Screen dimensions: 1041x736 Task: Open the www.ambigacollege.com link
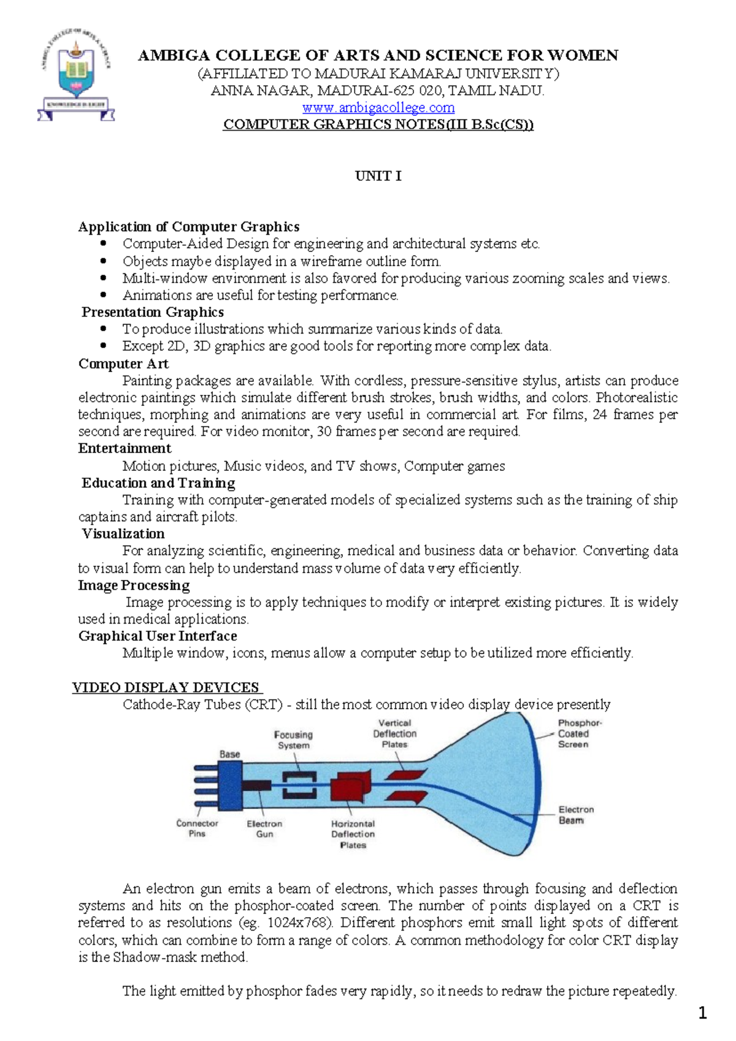point(378,108)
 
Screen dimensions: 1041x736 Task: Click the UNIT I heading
point(378,176)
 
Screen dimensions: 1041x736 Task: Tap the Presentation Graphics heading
point(153,312)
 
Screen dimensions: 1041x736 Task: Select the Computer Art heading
point(123,364)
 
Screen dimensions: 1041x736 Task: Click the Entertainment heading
point(125,448)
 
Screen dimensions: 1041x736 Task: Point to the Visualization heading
point(123,533)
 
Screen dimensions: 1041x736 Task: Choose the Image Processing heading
point(134,585)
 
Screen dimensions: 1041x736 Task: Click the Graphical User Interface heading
point(158,636)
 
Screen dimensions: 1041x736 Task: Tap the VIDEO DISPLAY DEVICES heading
point(166,687)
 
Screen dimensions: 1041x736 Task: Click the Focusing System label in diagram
point(293,740)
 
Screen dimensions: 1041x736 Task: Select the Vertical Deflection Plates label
point(394,734)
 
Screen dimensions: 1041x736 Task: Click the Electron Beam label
point(575,815)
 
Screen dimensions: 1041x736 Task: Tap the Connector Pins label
point(197,828)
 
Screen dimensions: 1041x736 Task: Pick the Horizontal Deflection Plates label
point(353,834)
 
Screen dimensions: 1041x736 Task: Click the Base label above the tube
point(230,754)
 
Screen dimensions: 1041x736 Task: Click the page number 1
point(703,1013)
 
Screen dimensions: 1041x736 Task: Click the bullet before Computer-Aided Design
point(103,244)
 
